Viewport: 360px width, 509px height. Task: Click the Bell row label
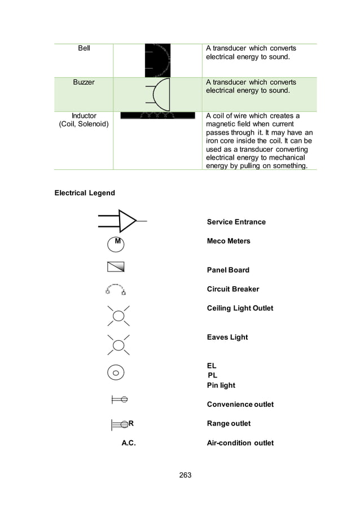click(84, 49)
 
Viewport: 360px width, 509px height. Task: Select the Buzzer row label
click(84, 82)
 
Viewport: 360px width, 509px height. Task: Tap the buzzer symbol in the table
click(159, 94)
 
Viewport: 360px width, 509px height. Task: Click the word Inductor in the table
click(84, 116)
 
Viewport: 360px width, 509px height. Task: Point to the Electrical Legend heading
click(85, 193)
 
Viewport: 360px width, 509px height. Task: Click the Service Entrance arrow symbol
click(121, 221)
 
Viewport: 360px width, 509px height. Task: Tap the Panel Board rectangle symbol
click(115, 267)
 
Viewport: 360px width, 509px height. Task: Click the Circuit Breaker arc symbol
click(115, 289)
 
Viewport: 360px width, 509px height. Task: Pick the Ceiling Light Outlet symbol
click(118, 315)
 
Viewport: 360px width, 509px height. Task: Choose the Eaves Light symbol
click(118, 345)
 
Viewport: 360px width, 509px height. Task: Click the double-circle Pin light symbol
click(116, 372)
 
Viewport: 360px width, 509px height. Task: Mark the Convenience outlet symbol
click(120, 400)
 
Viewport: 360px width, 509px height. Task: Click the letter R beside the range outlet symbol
click(131, 423)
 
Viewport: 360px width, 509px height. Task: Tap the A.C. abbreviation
click(129, 443)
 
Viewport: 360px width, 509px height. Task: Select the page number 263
click(185, 475)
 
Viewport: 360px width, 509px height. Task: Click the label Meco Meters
click(228, 241)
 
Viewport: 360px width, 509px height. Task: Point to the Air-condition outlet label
click(240, 443)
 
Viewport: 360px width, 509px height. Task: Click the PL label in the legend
click(212, 375)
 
